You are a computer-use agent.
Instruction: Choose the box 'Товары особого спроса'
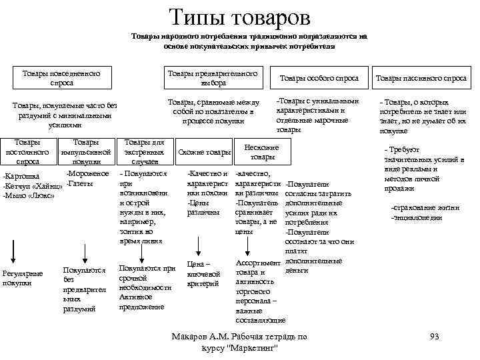tap(319, 78)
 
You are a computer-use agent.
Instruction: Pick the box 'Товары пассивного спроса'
tap(421, 78)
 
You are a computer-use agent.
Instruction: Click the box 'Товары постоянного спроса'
tap(27, 152)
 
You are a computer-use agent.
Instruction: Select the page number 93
tap(434, 337)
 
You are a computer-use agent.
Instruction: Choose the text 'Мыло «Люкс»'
tap(28, 195)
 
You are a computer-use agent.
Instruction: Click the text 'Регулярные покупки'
tap(23, 279)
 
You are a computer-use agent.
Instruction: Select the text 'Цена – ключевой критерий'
tap(204, 274)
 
